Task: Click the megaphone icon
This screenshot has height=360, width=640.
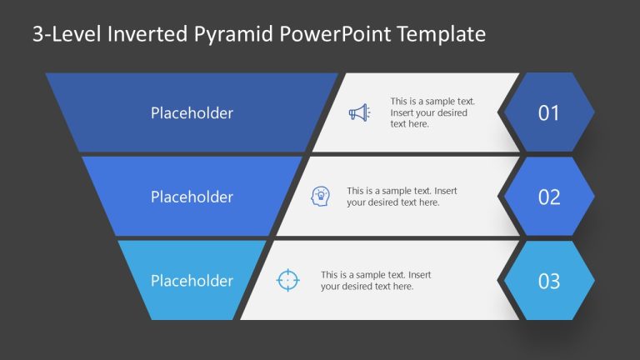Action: (358, 112)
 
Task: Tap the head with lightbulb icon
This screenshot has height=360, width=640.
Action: (319, 197)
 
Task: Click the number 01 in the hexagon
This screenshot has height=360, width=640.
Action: (549, 113)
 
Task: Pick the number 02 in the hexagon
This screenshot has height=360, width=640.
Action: (549, 197)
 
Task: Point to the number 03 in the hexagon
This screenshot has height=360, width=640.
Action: (549, 282)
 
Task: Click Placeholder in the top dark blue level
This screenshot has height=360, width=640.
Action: (192, 113)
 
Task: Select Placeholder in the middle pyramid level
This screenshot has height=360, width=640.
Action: (192, 197)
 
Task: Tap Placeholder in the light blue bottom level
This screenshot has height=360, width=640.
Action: (192, 281)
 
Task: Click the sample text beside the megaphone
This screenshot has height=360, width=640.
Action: (429, 112)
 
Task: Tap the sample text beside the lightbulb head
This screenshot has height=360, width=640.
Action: (402, 197)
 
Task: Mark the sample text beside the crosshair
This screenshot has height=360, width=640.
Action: (376, 281)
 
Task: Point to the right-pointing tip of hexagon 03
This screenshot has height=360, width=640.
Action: (594, 281)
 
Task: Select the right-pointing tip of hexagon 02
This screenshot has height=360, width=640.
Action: (594, 197)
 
